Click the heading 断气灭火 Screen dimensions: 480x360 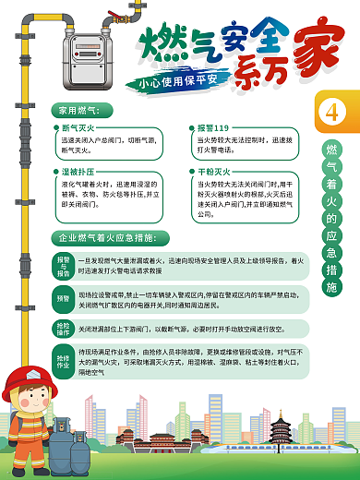79,126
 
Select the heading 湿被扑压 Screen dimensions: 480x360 79,172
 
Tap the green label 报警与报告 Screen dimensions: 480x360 64,267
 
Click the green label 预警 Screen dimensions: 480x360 64,299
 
